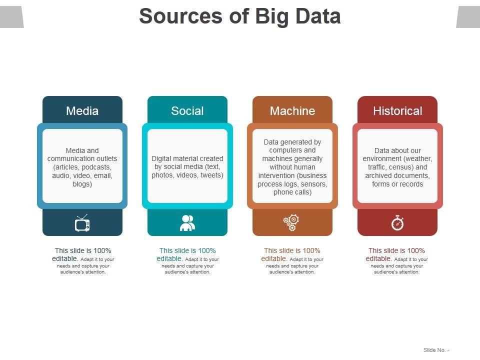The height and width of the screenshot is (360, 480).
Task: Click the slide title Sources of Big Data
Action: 239,16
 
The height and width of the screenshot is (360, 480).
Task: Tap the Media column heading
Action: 82,111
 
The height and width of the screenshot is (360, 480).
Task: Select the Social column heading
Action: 187,111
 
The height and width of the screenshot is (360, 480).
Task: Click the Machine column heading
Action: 292,111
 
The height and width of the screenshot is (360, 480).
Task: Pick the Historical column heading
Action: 397,111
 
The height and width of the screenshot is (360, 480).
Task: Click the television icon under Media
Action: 82,223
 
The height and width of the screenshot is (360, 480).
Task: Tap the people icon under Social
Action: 187,223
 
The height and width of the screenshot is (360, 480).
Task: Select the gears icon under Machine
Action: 291,222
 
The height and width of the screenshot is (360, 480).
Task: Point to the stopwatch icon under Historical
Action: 397,222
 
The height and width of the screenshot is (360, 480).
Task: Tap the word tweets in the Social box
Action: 212,175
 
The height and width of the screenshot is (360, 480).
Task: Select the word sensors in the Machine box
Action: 314,184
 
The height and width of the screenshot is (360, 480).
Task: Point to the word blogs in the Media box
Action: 82,184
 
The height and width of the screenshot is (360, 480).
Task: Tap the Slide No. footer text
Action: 436,350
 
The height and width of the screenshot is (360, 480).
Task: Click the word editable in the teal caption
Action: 169,258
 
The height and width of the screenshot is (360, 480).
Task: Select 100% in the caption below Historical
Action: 416,250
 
